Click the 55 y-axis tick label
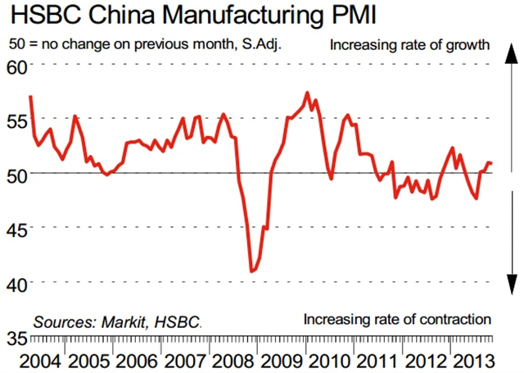16,120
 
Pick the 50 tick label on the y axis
16,174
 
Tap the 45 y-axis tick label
16,228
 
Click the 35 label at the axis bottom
16,337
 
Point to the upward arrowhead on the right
509,52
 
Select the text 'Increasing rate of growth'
409,44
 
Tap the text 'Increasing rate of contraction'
397,318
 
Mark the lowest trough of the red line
251,271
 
